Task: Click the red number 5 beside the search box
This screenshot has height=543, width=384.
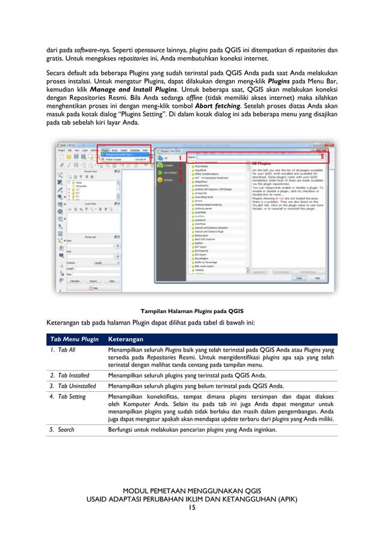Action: (x=322, y=157)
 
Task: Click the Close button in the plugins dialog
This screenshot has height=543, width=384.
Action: (x=298, y=278)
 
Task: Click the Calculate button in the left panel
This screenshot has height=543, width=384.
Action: (x=75, y=281)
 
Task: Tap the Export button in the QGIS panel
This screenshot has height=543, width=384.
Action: (x=93, y=281)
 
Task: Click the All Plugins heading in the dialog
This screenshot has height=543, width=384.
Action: (x=262, y=163)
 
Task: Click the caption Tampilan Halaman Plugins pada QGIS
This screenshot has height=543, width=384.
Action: (x=191, y=311)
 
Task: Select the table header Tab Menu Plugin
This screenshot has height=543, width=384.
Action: (x=74, y=339)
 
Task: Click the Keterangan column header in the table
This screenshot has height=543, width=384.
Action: (x=125, y=339)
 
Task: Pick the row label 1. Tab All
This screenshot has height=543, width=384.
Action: (x=63, y=349)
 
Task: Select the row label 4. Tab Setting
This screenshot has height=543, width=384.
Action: (x=67, y=397)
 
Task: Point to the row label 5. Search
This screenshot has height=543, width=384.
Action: (x=61, y=430)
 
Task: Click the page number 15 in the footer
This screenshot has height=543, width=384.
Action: (x=191, y=507)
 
